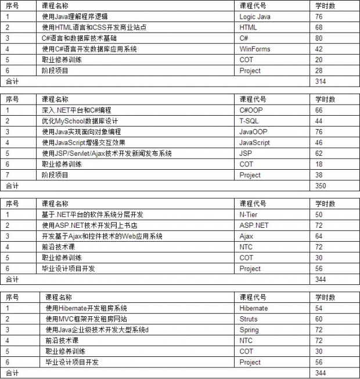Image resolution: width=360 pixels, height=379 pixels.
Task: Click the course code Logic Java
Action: (255, 17)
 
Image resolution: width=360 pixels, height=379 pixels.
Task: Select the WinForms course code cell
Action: (255, 49)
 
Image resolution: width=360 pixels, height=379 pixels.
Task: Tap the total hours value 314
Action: (321, 82)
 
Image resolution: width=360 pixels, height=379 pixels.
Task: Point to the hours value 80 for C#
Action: (319, 38)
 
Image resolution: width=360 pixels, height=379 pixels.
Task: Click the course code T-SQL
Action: (250, 121)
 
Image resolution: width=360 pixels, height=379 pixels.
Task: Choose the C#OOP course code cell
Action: (252, 110)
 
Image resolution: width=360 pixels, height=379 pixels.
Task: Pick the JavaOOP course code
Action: (253, 132)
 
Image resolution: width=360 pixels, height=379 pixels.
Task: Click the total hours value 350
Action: (321, 186)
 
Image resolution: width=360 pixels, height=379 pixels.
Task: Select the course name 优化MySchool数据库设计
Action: (77, 121)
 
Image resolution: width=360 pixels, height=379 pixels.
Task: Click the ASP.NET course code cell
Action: (254, 226)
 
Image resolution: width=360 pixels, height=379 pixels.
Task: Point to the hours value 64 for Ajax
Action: (319, 236)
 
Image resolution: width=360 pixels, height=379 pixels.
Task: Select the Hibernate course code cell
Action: (254, 308)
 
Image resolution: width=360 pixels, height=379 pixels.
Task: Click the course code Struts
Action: (249, 319)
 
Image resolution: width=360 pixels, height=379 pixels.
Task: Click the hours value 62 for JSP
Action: (319, 153)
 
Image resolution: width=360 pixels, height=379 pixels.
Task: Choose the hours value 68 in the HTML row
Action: (319, 28)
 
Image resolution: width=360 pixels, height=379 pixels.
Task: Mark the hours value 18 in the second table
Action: (319, 165)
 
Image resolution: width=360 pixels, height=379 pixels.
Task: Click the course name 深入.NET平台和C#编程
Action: (76, 110)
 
